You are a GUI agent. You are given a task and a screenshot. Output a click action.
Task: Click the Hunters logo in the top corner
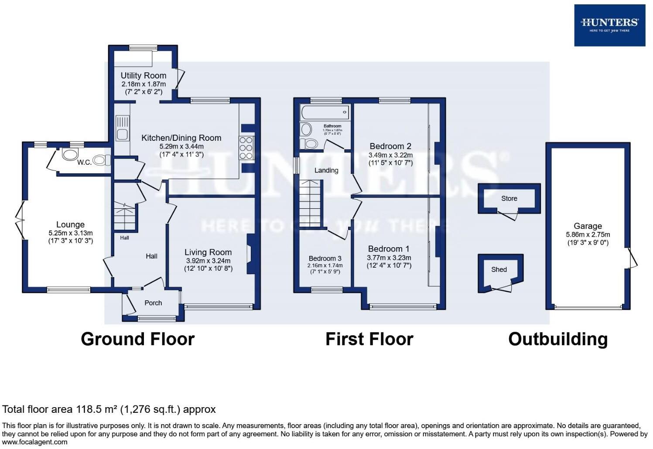pyautogui.click(x=609, y=25)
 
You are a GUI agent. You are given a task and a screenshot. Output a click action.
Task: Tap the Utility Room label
pyautogui.click(x=143, y=75)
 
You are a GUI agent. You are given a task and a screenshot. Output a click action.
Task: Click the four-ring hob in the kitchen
pyautogui.click(x=246, y=148)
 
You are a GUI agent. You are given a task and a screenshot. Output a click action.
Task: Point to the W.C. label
pyautogui.click(x=84, y=162)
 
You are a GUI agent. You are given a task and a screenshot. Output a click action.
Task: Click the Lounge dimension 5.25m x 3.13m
pyautogui.click(x=70, y=233)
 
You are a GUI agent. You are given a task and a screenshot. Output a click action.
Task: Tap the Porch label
pyautogui.click(x=153, y=303)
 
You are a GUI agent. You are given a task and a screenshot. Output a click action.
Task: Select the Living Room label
pyautogui.click(x=208, y=252)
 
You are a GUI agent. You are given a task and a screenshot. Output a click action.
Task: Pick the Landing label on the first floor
pyautogui.click(x=326, y=170)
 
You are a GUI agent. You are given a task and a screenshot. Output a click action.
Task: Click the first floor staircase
pyautogui.click(x=310, y=204)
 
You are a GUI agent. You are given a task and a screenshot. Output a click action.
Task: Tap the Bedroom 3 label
pyautogui.click(x=325, y=259)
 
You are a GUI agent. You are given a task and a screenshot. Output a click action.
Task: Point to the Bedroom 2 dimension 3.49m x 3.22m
pyautogui.click(x=390, y=155)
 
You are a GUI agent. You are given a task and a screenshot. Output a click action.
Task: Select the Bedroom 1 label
pyautogui.click(x=389, y=249)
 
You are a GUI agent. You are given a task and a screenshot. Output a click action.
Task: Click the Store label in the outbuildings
pyautogui.click(x=509, y=198)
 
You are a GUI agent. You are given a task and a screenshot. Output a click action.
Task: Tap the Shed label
pyautogui.click(x=499, y=269)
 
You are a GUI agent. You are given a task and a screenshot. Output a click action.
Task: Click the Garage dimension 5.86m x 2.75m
pyautogui.click(x=588, y=235)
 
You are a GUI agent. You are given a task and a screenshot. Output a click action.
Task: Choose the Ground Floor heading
pyautogui.click(x=137, y=339)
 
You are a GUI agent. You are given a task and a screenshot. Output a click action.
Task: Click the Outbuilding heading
pyautogui.click(x=557, y=339)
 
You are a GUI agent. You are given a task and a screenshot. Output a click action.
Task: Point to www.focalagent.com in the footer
pyautogui.click(x=35, y=442)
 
